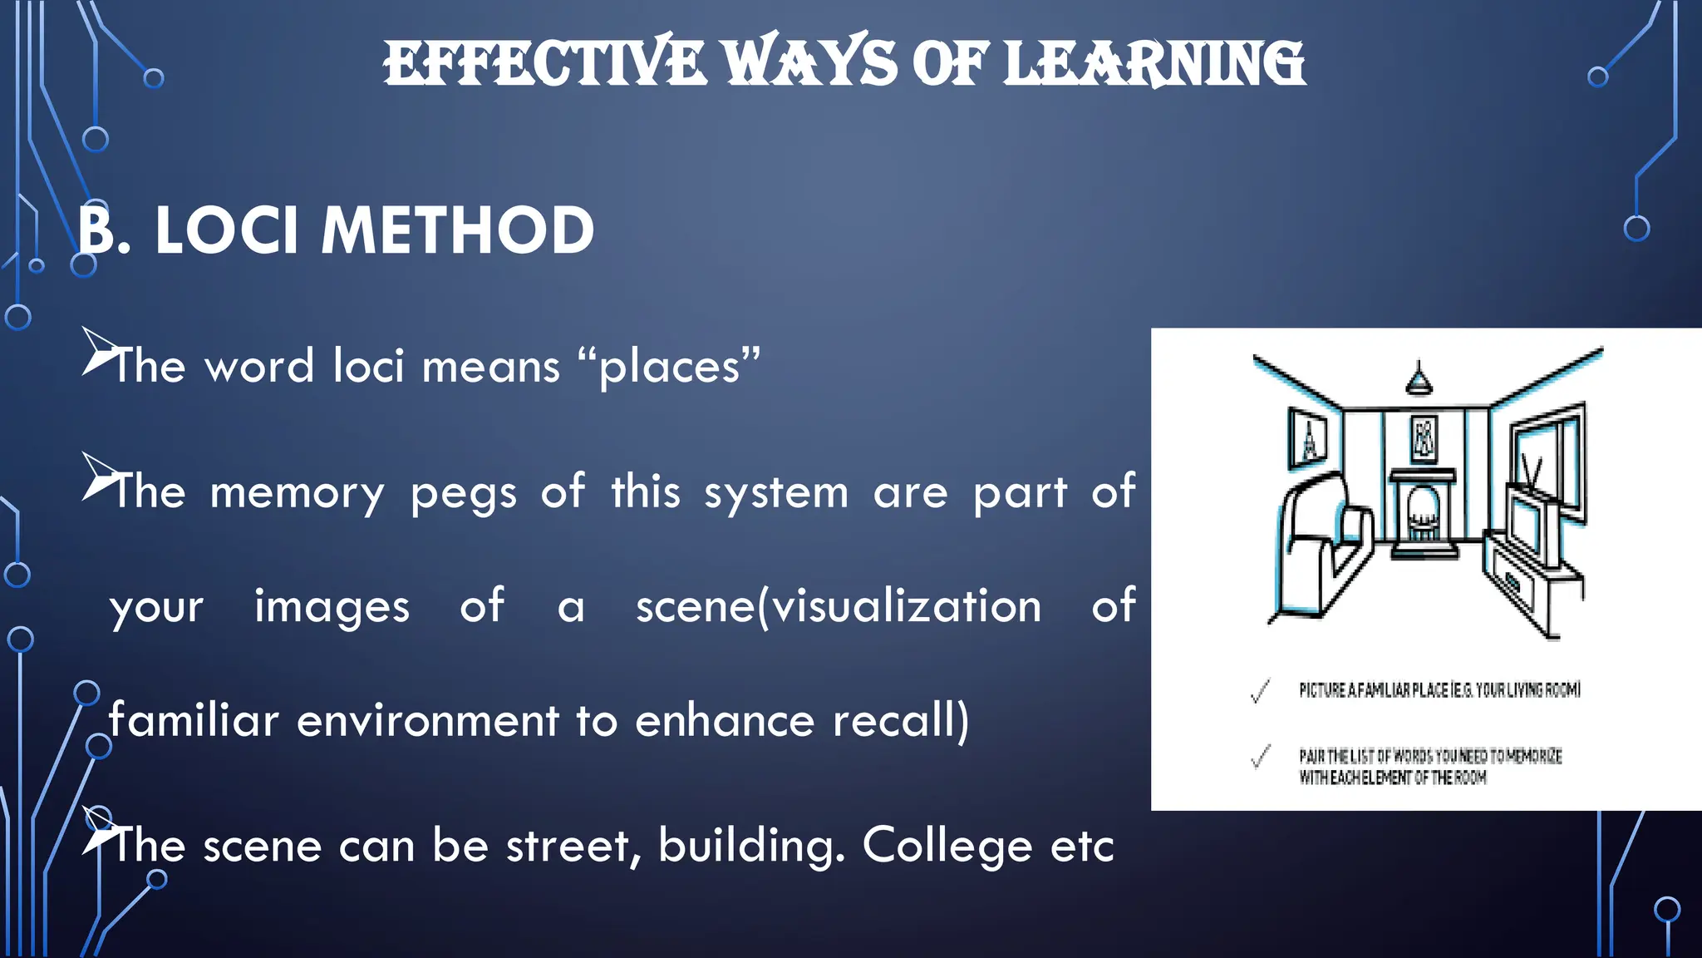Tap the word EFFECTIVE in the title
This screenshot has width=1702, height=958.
(x=544, y=64)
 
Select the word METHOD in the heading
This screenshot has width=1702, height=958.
(x=458, y=231)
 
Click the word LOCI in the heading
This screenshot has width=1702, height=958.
(x=226, y=231)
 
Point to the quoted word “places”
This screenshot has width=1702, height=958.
(x=669, y=366)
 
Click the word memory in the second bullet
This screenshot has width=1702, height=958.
(x=298, y=492)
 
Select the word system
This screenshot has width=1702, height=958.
(x=776, y=492)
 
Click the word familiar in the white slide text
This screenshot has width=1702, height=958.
(x=194, y=719)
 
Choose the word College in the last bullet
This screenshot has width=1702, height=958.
(x=947, y=847)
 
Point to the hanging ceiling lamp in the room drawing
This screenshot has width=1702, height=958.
(x=1418, y=378)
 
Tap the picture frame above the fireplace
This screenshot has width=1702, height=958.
(x=1424, y=438)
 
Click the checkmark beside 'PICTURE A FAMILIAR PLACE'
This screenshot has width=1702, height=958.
(x=1261, y=691)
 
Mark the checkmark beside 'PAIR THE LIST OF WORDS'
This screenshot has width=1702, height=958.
(x=1261, y=757)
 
